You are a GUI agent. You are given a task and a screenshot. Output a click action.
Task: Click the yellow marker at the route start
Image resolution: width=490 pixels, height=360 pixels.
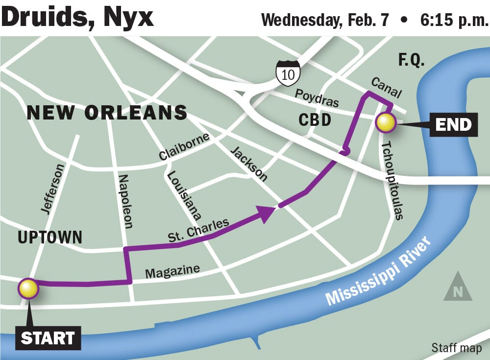tap(28, 289)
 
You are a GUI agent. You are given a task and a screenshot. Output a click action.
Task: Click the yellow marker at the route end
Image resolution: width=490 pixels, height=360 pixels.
tap(386, 122)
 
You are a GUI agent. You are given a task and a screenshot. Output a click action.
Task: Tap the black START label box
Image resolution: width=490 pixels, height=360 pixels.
tap(48, 338)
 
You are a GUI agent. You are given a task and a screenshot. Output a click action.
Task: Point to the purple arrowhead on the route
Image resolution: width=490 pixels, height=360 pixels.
tap(265, 212)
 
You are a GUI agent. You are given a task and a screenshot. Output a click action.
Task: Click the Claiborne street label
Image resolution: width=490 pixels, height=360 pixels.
tap(184, 146)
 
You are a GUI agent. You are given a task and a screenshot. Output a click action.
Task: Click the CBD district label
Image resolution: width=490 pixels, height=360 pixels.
tap(315, 120)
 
